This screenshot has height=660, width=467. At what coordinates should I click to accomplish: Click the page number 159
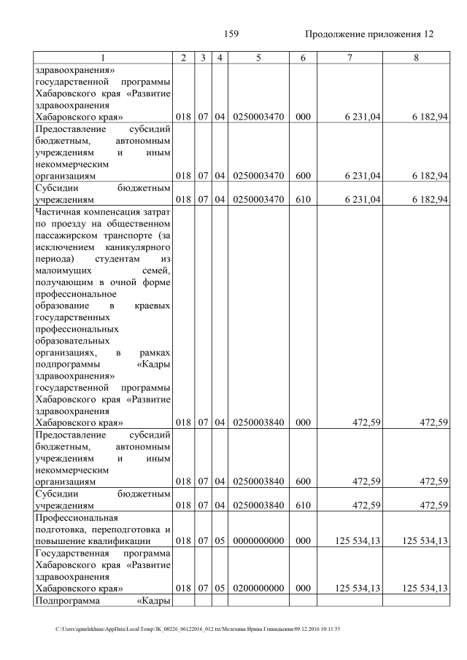231,34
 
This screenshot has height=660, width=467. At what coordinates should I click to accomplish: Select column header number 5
258,58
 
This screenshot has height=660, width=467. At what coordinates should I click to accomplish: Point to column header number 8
415,58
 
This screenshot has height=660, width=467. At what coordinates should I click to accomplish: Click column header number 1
102,58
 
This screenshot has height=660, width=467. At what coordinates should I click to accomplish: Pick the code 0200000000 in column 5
258,588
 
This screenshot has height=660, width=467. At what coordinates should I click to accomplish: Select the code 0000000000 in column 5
258,541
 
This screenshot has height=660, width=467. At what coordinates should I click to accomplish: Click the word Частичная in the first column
58,212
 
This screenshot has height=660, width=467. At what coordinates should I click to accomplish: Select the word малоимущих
62,271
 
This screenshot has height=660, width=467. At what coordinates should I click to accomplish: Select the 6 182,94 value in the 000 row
425,117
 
